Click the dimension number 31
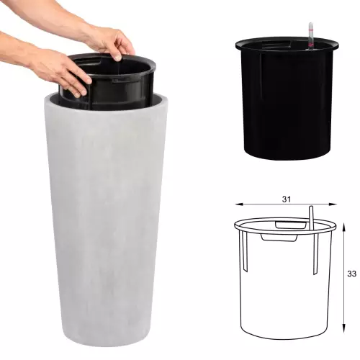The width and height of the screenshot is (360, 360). (287, 199)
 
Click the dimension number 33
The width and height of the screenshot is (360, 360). (351, 274)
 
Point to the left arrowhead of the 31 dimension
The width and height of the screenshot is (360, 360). (238, 204)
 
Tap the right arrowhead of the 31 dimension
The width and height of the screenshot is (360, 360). (333, 204)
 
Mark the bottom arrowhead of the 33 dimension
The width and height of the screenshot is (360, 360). (344, 327)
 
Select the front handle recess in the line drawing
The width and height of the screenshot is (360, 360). (279, 238)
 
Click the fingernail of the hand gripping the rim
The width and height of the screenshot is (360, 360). (118, 58)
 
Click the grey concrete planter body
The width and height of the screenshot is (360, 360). (106, 216)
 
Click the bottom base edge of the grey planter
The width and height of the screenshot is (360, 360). (106, 337)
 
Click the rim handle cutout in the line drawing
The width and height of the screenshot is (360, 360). (291, 225)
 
